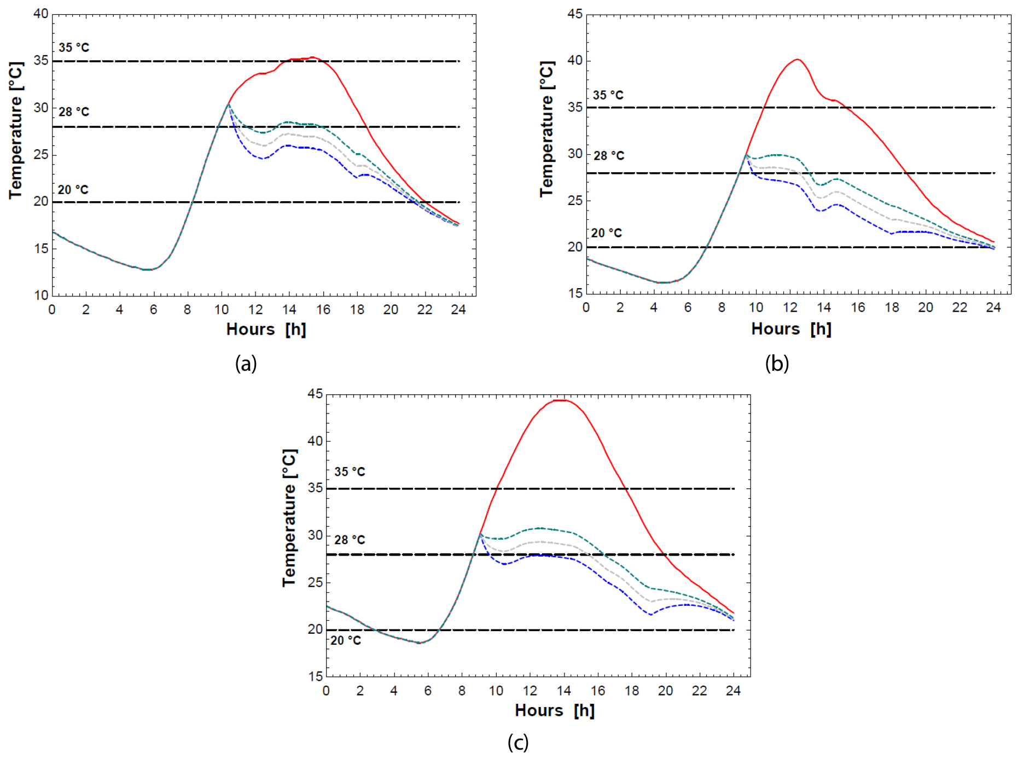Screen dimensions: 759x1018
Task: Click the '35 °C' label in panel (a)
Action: tap(74, 48)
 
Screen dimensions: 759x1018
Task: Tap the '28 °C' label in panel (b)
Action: tap(609, 156)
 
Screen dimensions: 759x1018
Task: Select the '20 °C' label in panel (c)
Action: tap(346, 640)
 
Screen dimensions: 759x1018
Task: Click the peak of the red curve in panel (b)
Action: tap(798, 59)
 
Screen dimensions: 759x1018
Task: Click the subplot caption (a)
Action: tap(246, 363)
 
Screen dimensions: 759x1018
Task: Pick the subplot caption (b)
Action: tap(777, 363)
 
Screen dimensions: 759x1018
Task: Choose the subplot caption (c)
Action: tap(518, 742)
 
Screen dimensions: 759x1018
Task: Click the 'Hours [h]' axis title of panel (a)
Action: tap(266, 329)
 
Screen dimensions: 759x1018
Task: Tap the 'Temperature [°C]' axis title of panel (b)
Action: tap(547, 129)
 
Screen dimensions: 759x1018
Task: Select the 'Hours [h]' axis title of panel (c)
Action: tap(555, 710)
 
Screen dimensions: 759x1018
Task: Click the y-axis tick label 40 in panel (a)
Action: tap(41, 14)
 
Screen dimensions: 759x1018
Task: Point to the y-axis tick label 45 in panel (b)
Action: tap(575, 14)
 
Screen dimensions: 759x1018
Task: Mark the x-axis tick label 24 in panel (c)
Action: tap(733, 691)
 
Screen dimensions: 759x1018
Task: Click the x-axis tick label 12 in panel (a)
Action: tap(255, 310)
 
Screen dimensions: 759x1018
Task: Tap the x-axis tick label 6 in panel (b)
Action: tap(688, 307)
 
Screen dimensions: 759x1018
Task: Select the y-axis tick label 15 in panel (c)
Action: tap(316, 676)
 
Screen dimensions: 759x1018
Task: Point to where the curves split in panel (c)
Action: tap(480, 534)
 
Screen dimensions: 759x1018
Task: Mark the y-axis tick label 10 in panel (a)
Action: tap(41, 295)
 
